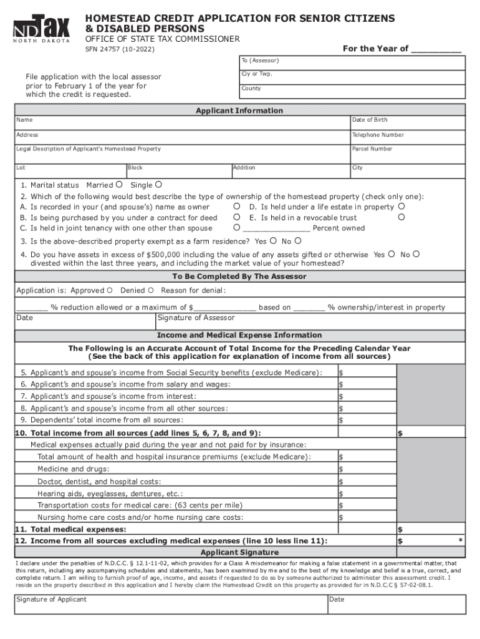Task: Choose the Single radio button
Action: click(x=158, y=184)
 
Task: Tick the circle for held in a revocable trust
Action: click(x=401, y=217)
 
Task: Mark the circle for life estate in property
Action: click(x=401, y=207)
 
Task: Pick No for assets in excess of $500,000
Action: click(x=416, y=254)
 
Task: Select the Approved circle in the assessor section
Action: click(x=110, y=290)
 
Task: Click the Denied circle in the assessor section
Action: click(x=150, y=290)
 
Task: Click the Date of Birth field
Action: click(x=408, y=123)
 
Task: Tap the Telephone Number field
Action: click(x=408, y=138)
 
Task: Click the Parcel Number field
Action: click(x=408, y=153)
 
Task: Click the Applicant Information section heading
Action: click(x=239, y=110)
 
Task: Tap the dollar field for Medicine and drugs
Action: click(x=367, y=469)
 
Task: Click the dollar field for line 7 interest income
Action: click(x=367, y=396)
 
